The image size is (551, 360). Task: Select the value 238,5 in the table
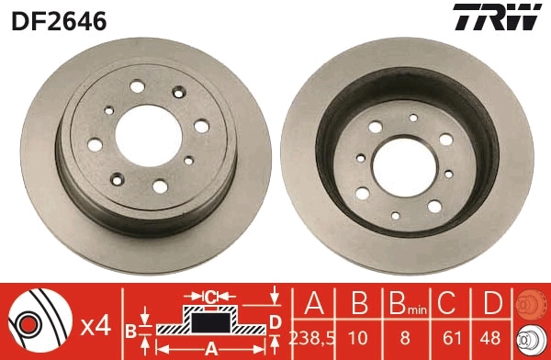pos(312,335)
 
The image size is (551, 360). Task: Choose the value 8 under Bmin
pos(405,335)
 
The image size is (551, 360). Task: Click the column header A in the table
pos(312,302)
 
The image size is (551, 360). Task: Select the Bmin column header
pos(404,303)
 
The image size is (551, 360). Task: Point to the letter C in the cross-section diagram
pos(211,297)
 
